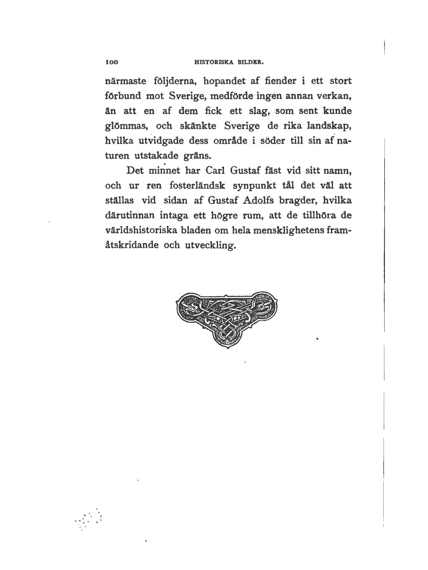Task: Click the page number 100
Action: coord(112,62)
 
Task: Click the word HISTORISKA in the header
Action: coord(213,62)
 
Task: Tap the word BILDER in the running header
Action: coord(250,62)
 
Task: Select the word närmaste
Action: coord(126,81)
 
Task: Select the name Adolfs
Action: coord(258,200)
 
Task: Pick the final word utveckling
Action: coord(210,245)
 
